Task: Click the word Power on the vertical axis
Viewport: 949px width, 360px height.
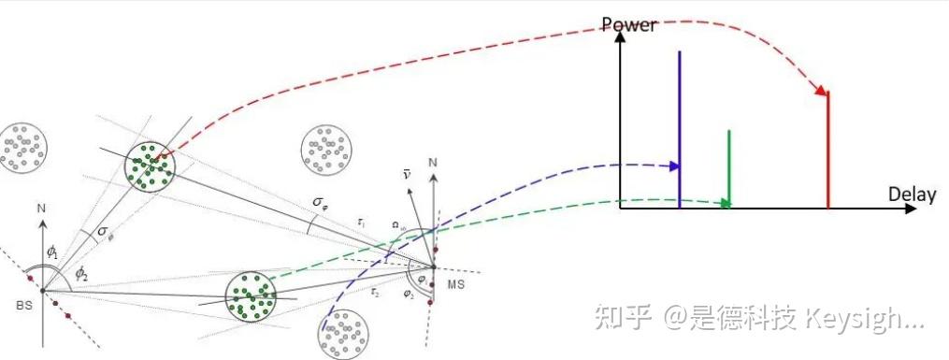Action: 628,24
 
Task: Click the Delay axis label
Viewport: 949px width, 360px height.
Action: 912,195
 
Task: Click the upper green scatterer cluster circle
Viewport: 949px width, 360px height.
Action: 150,166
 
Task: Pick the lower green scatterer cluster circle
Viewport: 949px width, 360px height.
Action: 252,295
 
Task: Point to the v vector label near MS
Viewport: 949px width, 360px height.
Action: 406,174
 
